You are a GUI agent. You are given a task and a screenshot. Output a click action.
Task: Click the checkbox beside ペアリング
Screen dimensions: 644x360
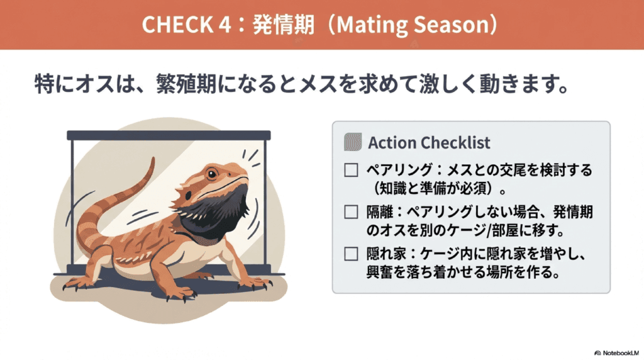(351, 170)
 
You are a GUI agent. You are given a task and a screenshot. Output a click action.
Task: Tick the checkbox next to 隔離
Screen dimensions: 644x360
(351, 212)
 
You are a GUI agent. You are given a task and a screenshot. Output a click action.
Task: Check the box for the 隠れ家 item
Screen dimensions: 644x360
(351, 254)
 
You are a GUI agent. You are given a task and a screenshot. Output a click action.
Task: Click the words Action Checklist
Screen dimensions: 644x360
(429, 143)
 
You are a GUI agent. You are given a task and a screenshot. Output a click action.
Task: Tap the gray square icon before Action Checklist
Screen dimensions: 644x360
(353, 142)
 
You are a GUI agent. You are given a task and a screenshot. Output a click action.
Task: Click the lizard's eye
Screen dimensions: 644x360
(212, 174)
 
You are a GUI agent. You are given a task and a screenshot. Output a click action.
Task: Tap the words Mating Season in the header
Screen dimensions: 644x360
(412, 25)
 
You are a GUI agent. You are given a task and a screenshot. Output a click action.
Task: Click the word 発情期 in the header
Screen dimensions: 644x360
(284, 25)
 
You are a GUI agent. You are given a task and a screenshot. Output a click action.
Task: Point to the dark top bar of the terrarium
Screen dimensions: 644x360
(169, 135)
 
